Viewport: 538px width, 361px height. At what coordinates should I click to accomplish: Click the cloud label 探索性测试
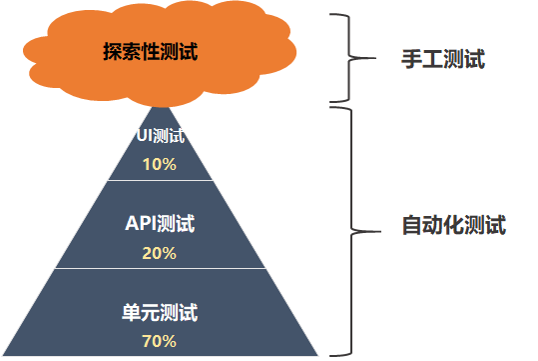tap(151, 52)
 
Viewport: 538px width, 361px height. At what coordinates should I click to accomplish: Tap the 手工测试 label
tap(443, 59)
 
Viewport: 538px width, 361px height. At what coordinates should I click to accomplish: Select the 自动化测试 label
tap(454, 225)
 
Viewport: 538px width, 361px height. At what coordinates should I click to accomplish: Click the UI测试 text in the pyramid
tap(161, 135)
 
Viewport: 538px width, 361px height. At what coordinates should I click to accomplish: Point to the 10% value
tap(160, 164)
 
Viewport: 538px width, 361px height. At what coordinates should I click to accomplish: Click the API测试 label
tap(160, 223)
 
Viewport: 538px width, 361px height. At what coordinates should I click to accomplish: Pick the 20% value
tap(160, 253)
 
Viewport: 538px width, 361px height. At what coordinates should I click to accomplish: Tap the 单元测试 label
tap(160, 312)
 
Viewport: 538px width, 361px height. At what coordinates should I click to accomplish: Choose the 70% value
tap(160, 341)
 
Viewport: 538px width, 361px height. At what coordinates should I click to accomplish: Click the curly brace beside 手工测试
tap(349, 58)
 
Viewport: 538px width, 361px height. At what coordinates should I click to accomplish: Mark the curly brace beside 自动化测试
tap(351, 231)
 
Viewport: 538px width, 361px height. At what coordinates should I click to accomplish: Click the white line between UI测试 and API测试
tap(161, 180)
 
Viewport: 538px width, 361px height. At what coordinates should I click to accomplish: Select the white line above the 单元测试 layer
tap(161, 268)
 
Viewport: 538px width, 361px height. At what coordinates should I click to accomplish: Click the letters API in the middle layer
tap(141, 223)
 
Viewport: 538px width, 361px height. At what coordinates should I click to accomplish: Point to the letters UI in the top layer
tap(144, 135)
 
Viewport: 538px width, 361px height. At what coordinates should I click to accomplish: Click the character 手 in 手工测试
tap(411, 59)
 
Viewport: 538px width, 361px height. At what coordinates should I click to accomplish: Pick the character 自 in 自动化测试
tap(411, 225)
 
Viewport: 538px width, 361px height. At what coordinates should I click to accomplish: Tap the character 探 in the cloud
tap(112, 52)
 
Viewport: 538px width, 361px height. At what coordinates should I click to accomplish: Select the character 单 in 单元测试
tap(131, 312)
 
